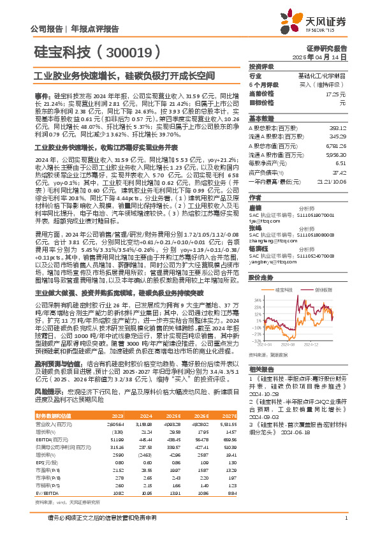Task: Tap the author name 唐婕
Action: point(254,208)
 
